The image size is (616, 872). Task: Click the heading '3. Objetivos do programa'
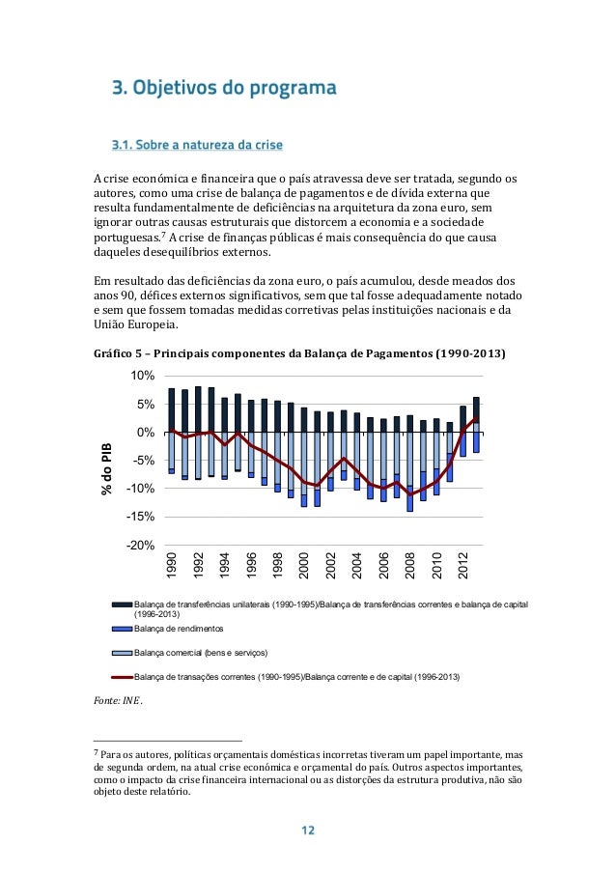click(224, 90)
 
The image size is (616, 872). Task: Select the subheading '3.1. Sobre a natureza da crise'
click(197, 146)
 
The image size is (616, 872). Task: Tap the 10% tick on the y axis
click(143, 375)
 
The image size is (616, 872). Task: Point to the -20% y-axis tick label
click(141, 546)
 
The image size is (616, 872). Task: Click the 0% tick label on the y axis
click(146, 432)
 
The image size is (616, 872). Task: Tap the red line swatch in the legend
click(122, 679)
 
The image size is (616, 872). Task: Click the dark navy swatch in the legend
click(122, 605)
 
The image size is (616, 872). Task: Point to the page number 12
click(307, 830)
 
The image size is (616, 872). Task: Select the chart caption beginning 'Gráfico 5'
click(298, 354)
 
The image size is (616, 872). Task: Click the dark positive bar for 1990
click(172, 408)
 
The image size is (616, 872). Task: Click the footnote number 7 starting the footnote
click(96, 751)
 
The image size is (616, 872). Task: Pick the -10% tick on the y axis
click(141, 489)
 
